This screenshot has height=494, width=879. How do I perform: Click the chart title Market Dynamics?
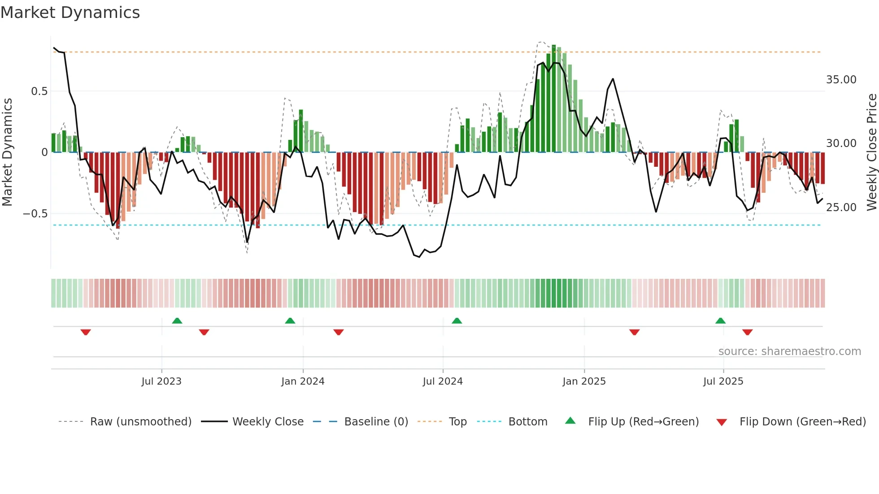click(70, 13)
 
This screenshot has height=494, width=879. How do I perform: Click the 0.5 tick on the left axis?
click(39, 91)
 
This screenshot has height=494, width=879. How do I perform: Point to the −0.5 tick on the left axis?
click(35, 214)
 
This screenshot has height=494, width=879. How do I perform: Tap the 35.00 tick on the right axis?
click(841, 80)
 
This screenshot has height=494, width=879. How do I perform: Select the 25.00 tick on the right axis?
click(841, 208)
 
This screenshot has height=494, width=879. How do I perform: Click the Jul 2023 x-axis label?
click(161, 381)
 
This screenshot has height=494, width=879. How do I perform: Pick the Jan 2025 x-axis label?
click(584, 381)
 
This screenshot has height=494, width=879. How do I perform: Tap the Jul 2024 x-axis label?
click(443, 381)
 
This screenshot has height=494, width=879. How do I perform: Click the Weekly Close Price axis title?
click(871, 152)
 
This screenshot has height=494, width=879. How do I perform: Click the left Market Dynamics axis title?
click(7, 152)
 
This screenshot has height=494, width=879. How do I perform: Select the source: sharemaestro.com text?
click(789, 351)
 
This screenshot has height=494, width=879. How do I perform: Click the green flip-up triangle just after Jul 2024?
click(457, 321)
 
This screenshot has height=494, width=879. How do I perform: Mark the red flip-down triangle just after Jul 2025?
click(747, 332)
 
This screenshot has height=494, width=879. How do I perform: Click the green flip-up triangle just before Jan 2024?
click(290, 321)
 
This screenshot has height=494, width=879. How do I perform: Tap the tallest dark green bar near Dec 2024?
click(554, 99)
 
